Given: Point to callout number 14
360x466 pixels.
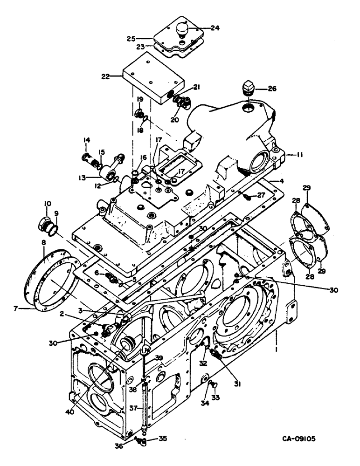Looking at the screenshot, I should (x=86, y=140).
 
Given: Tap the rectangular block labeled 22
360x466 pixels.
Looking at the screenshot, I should (x=145, y=79).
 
